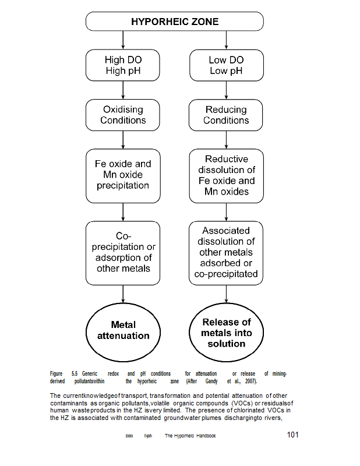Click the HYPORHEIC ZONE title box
point(175,22)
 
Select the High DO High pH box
point(123,65)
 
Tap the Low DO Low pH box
point(227,65)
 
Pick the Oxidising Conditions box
point(123,115)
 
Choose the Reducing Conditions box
point(227,115)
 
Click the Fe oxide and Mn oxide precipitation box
point(123,175)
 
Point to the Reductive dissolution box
point(227,175)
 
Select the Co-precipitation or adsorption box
point(123,253)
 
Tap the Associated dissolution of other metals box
point(227,253)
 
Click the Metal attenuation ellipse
point(123,330)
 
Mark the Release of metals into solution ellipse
point(227,332)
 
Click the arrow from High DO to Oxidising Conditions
point(123,90)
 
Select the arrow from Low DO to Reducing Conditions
point(227,90)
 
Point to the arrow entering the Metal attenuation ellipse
point(123,294)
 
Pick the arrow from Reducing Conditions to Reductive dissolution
point(227,140)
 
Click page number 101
point(293,435)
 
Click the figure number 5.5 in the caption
point(75,373)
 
